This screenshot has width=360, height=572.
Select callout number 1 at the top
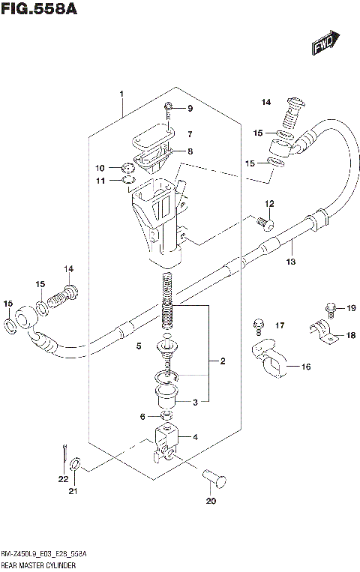pos(121,94)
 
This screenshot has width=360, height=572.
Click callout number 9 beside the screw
pos(190,109)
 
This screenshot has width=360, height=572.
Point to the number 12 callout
pos(269,204)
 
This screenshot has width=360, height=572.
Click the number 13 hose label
pos(290,262)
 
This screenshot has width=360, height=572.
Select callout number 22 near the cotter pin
pos(64,478)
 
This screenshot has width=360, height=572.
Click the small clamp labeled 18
pos(322,332)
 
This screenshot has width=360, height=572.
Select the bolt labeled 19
pos(330,307)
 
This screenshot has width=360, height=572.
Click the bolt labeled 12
pos(262,223)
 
